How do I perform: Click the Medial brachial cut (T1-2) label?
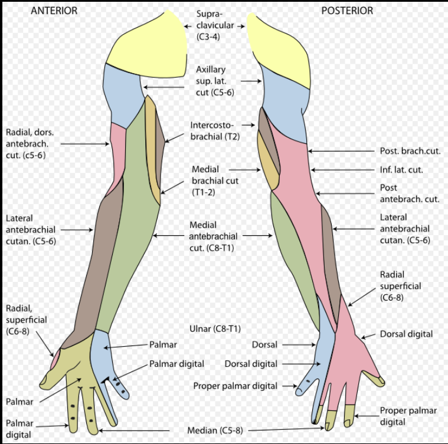click(215, 181)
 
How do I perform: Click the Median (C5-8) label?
click(210, 430)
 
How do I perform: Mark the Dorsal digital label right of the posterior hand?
click(407, 334)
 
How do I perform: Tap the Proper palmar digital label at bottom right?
click(408, 416)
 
